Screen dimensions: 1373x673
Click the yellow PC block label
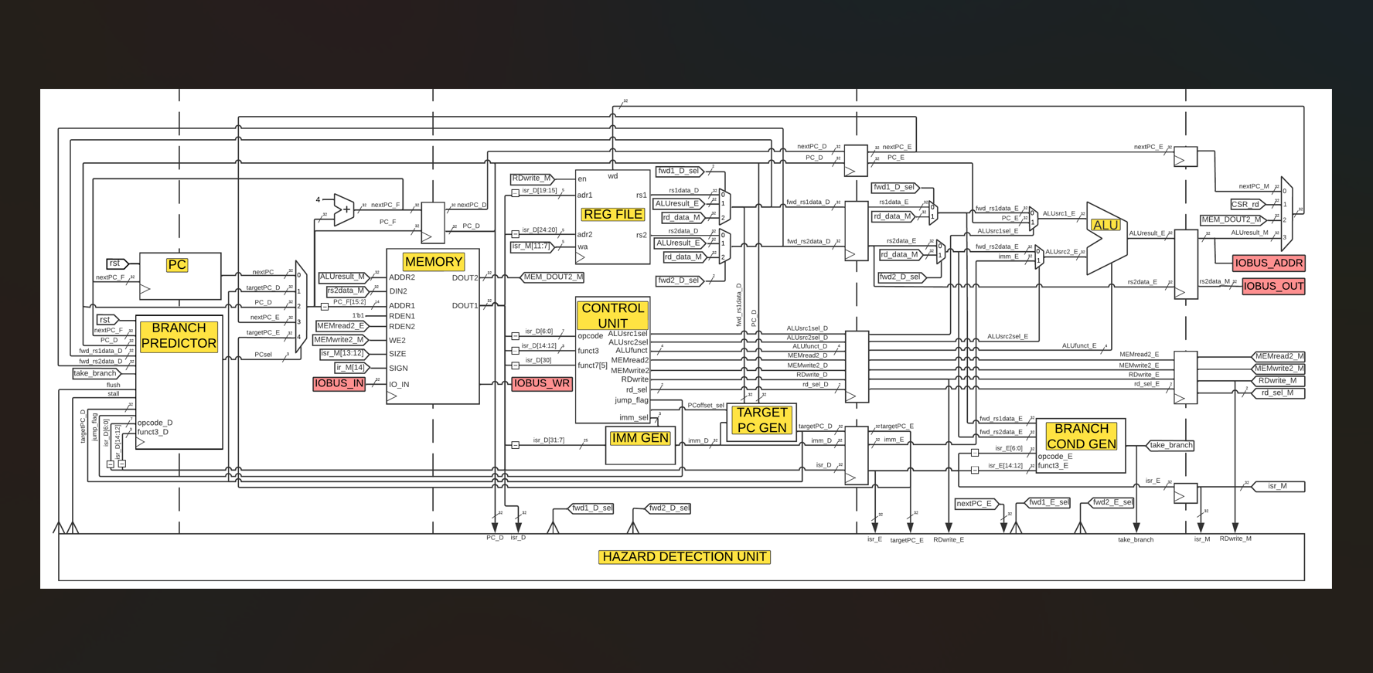click(177, 265)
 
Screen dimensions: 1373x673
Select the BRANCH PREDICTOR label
click(179, 336)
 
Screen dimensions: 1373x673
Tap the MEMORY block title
click(433, 262)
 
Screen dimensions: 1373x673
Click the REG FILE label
click(613, 215)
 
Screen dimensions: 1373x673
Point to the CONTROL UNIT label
click(612, 315)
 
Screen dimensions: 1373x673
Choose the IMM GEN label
click(639, 438)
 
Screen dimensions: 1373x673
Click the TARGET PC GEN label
click(761, 420)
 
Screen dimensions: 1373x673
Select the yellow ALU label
click(1105, 226)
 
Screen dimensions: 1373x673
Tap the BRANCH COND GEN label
click(1081, 437)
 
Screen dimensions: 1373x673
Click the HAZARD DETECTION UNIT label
click(684, 557)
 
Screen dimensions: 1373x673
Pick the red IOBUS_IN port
click(339, 383)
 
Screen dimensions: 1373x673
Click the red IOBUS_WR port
click(541, 383)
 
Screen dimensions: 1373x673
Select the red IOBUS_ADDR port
click(1268, 263)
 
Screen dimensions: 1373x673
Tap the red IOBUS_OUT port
click(1273, 286)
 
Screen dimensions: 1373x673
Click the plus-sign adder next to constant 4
click(346, 209)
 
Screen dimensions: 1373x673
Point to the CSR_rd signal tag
click(1246, 205)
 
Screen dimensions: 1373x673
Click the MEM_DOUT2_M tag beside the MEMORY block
click(552, 277)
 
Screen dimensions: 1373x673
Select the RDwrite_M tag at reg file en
click(531, 178)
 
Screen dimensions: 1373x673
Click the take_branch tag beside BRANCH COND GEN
click(1170, 445)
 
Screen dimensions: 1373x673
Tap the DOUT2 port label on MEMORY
click(465, 277)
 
